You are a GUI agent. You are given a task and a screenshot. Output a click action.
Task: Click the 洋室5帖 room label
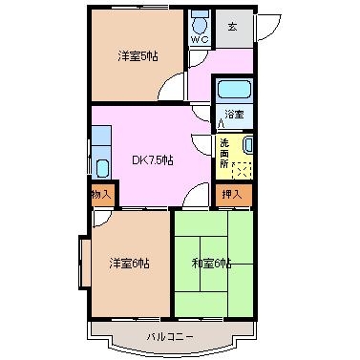[x=138, y=56]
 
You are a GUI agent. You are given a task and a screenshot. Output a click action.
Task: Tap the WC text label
[x=200, y=40]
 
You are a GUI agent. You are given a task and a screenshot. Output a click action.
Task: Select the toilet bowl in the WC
[x=201, y=24]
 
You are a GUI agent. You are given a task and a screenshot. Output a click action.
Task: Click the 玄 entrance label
[x=232, y=27]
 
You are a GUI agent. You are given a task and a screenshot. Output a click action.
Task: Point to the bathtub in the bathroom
[x=234, y=90]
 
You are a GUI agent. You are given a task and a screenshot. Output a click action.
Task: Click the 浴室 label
[x=234, y=115]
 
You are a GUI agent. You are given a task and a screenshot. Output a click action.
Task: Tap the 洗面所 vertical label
[x=224, y=154]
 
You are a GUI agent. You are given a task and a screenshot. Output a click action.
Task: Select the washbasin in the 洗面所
[x=247, y=145]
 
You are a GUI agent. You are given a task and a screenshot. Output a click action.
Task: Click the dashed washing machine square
[x=243, y=170]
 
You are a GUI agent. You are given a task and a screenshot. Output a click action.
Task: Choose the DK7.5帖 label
[x=153, y=160]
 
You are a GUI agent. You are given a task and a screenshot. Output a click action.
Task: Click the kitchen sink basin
[x=102, y=168]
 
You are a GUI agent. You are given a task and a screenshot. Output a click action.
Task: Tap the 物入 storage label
[x=101, y=194]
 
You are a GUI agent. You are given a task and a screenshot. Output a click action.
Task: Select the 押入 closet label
[x=232, y=194]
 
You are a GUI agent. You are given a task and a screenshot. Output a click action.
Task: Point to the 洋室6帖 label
[x=129, y=264]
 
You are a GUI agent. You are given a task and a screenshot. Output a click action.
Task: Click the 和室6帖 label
[x=211, y=264]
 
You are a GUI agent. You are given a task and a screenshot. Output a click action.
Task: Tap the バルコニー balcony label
[x=170, y=337]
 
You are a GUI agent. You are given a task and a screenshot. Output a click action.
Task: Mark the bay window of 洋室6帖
[x=85, y=263]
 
